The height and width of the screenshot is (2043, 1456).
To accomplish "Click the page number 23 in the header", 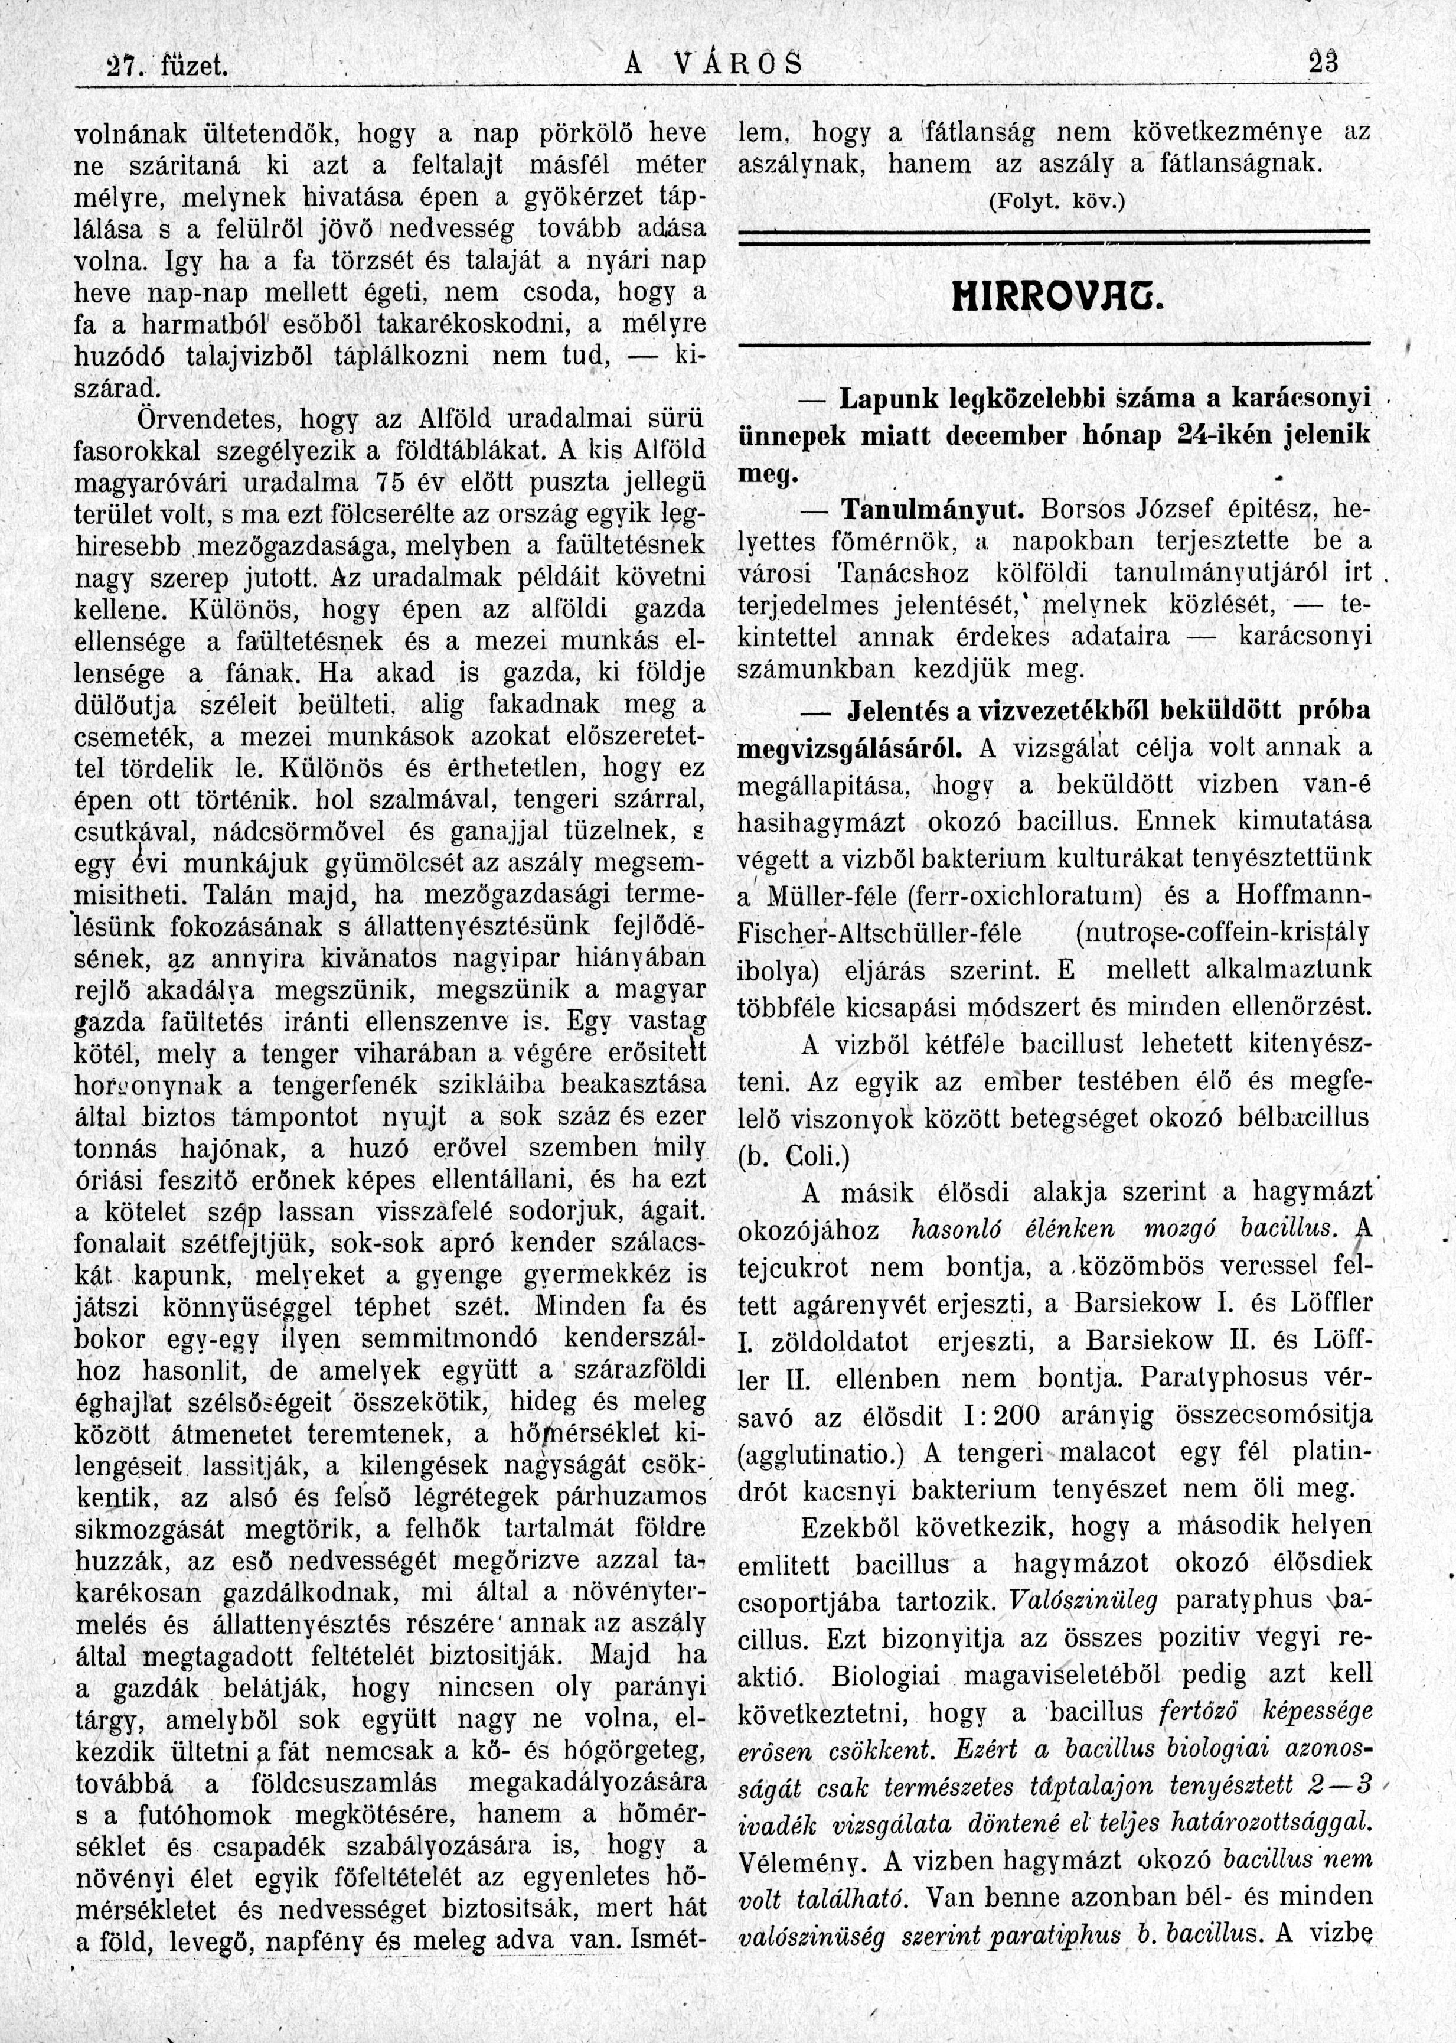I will pos(1323,64).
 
